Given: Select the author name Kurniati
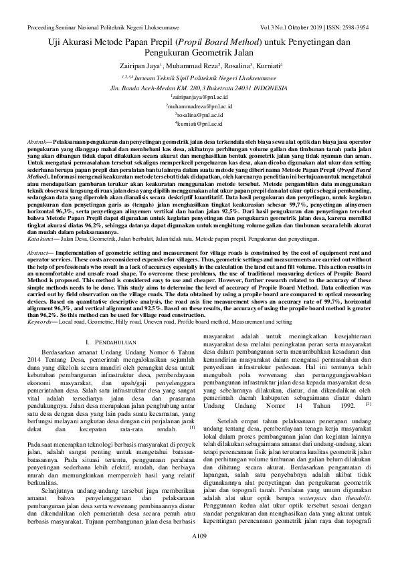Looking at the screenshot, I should [266, 66].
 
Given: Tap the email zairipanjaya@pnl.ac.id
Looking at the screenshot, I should [199, 97].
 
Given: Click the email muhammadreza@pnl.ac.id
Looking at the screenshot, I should [199, 106].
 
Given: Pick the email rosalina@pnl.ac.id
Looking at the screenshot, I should [199, 114].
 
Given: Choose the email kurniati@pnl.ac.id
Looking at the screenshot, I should [199, 123].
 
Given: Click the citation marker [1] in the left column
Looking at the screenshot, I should [192, 409].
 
